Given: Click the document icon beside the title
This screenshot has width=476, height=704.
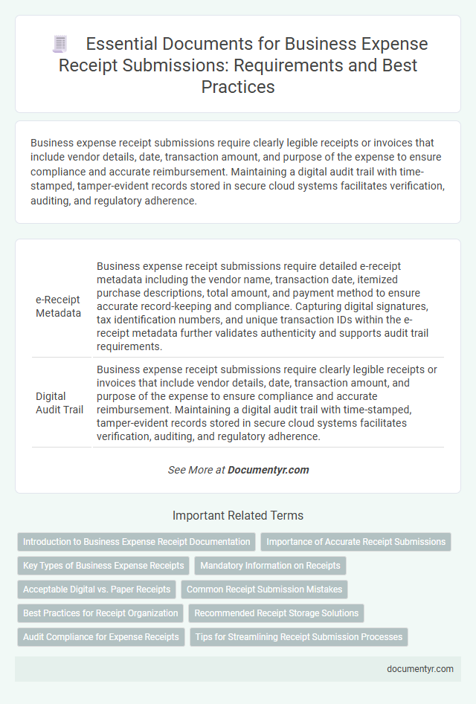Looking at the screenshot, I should [x=60, y=44].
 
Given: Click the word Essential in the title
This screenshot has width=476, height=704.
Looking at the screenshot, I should [x=123, y=44].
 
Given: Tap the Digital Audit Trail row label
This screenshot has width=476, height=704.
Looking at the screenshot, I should [x=59, y=403].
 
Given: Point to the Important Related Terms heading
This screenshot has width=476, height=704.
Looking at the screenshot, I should [x=238, y=515].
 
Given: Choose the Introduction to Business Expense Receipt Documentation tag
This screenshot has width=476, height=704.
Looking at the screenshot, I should [x=136, y=542].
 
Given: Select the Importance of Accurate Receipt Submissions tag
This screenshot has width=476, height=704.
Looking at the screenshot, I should [x=356, y=542].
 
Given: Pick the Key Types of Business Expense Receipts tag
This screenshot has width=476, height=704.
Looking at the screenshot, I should [x=103, y=566].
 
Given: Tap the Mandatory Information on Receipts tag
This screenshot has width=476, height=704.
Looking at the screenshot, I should [x=271, y=566].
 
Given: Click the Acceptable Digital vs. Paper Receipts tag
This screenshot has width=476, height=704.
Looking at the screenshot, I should [x=97, y=590].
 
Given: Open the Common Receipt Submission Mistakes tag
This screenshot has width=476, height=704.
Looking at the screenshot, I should [x=265, y=590].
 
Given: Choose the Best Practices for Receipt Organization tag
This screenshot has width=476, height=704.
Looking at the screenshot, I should [x=100, y=613].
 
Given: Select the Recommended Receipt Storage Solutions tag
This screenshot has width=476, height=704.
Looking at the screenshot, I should [x=277, y=613].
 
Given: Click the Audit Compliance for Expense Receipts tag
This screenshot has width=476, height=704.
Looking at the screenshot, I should [x=101, y=637].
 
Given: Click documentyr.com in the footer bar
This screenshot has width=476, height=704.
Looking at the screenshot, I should [x=420, y=668].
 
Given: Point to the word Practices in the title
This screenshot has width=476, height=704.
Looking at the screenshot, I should [x=238, y=87].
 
